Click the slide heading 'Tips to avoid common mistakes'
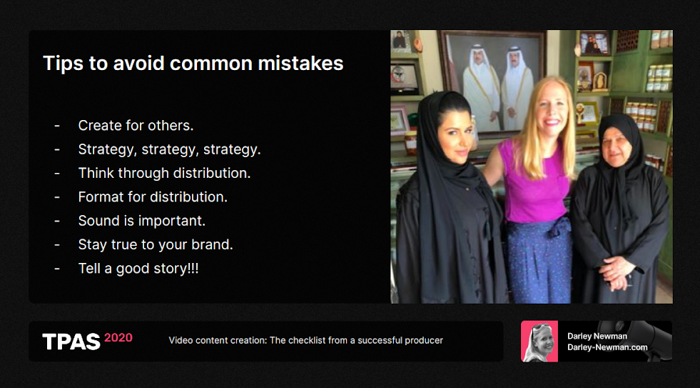[193, 64]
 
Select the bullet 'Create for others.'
[136, 126]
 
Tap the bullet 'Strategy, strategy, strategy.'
[169, 149]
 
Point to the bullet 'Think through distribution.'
[164, 173]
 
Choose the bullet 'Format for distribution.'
[153, 197]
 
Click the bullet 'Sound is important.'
[141, 221]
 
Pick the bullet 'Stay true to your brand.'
[156, 244]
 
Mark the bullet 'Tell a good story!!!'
[138, 268]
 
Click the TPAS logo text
[71, 342]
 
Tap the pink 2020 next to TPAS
[118, 337]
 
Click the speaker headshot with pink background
[539, 341]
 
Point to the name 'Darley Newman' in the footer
[597, 336]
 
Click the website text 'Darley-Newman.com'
[607, 347]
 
